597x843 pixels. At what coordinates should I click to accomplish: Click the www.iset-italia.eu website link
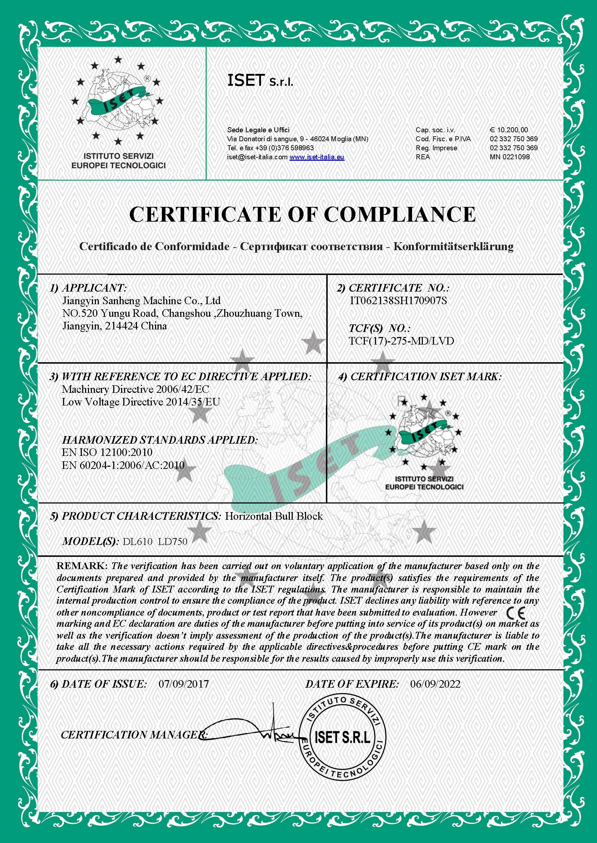(317, 157)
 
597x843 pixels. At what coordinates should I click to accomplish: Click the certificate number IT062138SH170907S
(398, 301)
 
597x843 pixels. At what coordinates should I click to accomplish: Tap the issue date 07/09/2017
(183, 684)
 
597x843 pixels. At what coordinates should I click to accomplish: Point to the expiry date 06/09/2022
(435, 684)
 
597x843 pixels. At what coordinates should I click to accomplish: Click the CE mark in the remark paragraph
(516, 612)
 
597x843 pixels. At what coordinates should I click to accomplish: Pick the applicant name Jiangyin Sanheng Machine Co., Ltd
(141, 301)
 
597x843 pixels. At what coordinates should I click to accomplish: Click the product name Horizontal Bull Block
(274, 516)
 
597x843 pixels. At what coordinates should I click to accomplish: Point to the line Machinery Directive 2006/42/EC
(135, 389)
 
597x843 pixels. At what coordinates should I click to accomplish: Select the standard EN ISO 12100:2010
(107, 452)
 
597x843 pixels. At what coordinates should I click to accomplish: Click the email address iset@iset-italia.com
(257, 157)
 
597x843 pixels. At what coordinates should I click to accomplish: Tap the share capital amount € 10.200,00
(509, 130)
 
